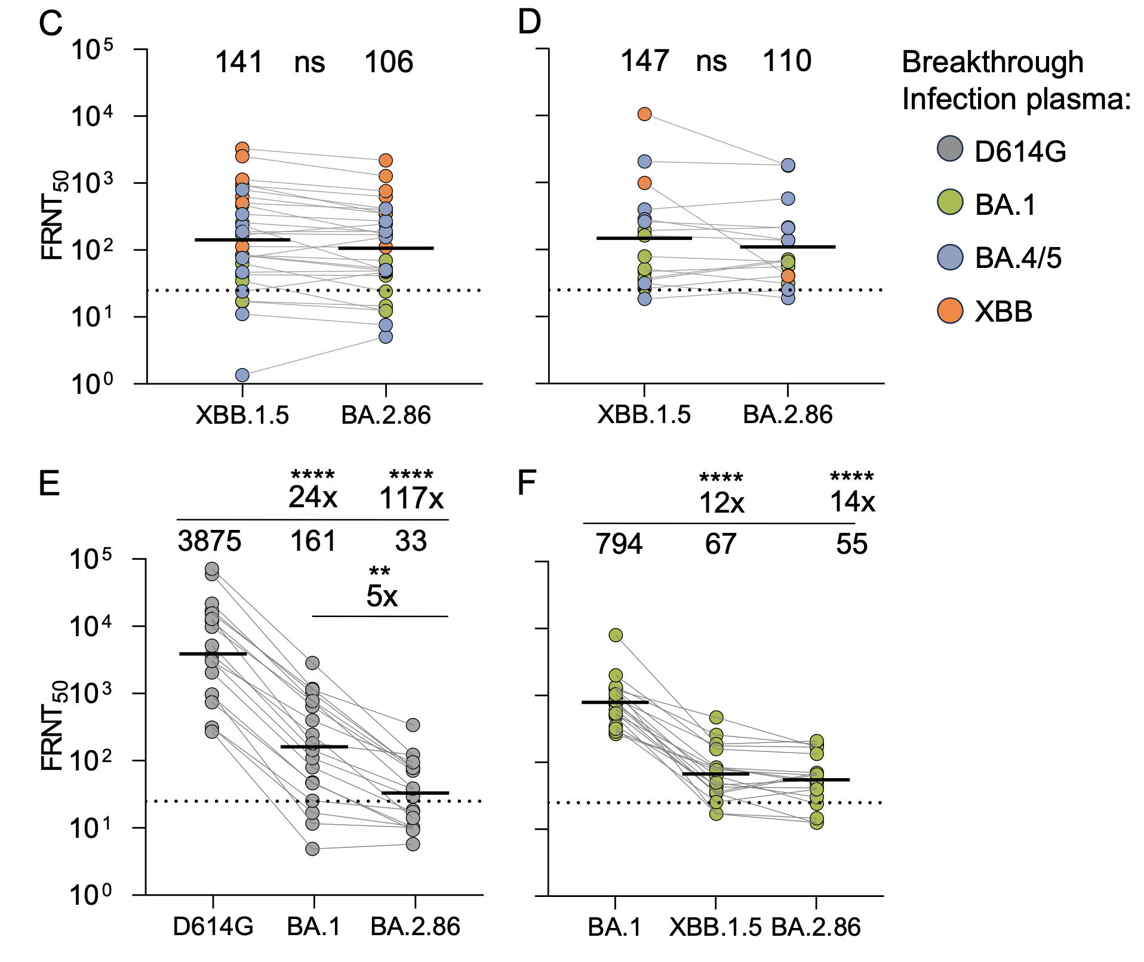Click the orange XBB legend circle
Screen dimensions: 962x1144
pos(949,311)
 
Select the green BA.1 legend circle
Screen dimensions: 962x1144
pos(949,203)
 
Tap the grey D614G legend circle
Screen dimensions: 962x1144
pos(949,149)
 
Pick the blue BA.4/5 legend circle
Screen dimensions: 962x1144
pos(949,257)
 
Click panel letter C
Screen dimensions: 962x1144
pos(50,24)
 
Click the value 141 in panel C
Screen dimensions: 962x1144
pos(239,62)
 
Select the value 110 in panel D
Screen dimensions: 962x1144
pos(787,61)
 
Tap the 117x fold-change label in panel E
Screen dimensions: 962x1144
pos(411,498)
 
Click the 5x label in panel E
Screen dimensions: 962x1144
pos(382,596)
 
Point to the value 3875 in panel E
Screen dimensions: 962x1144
pos(210,541)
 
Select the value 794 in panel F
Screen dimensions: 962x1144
pos(619,544)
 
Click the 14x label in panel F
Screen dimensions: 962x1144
pos(852,501)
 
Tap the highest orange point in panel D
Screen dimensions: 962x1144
pos(644,114)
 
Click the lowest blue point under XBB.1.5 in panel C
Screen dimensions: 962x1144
pos(242,375)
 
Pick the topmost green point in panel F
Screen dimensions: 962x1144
pos(616,635)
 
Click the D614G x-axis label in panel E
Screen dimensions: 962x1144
pos(213,927)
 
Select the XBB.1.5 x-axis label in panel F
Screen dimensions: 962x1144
pos(715,927)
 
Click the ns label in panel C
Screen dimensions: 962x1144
pos(309,63)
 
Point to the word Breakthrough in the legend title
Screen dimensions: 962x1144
pos(992,62)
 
